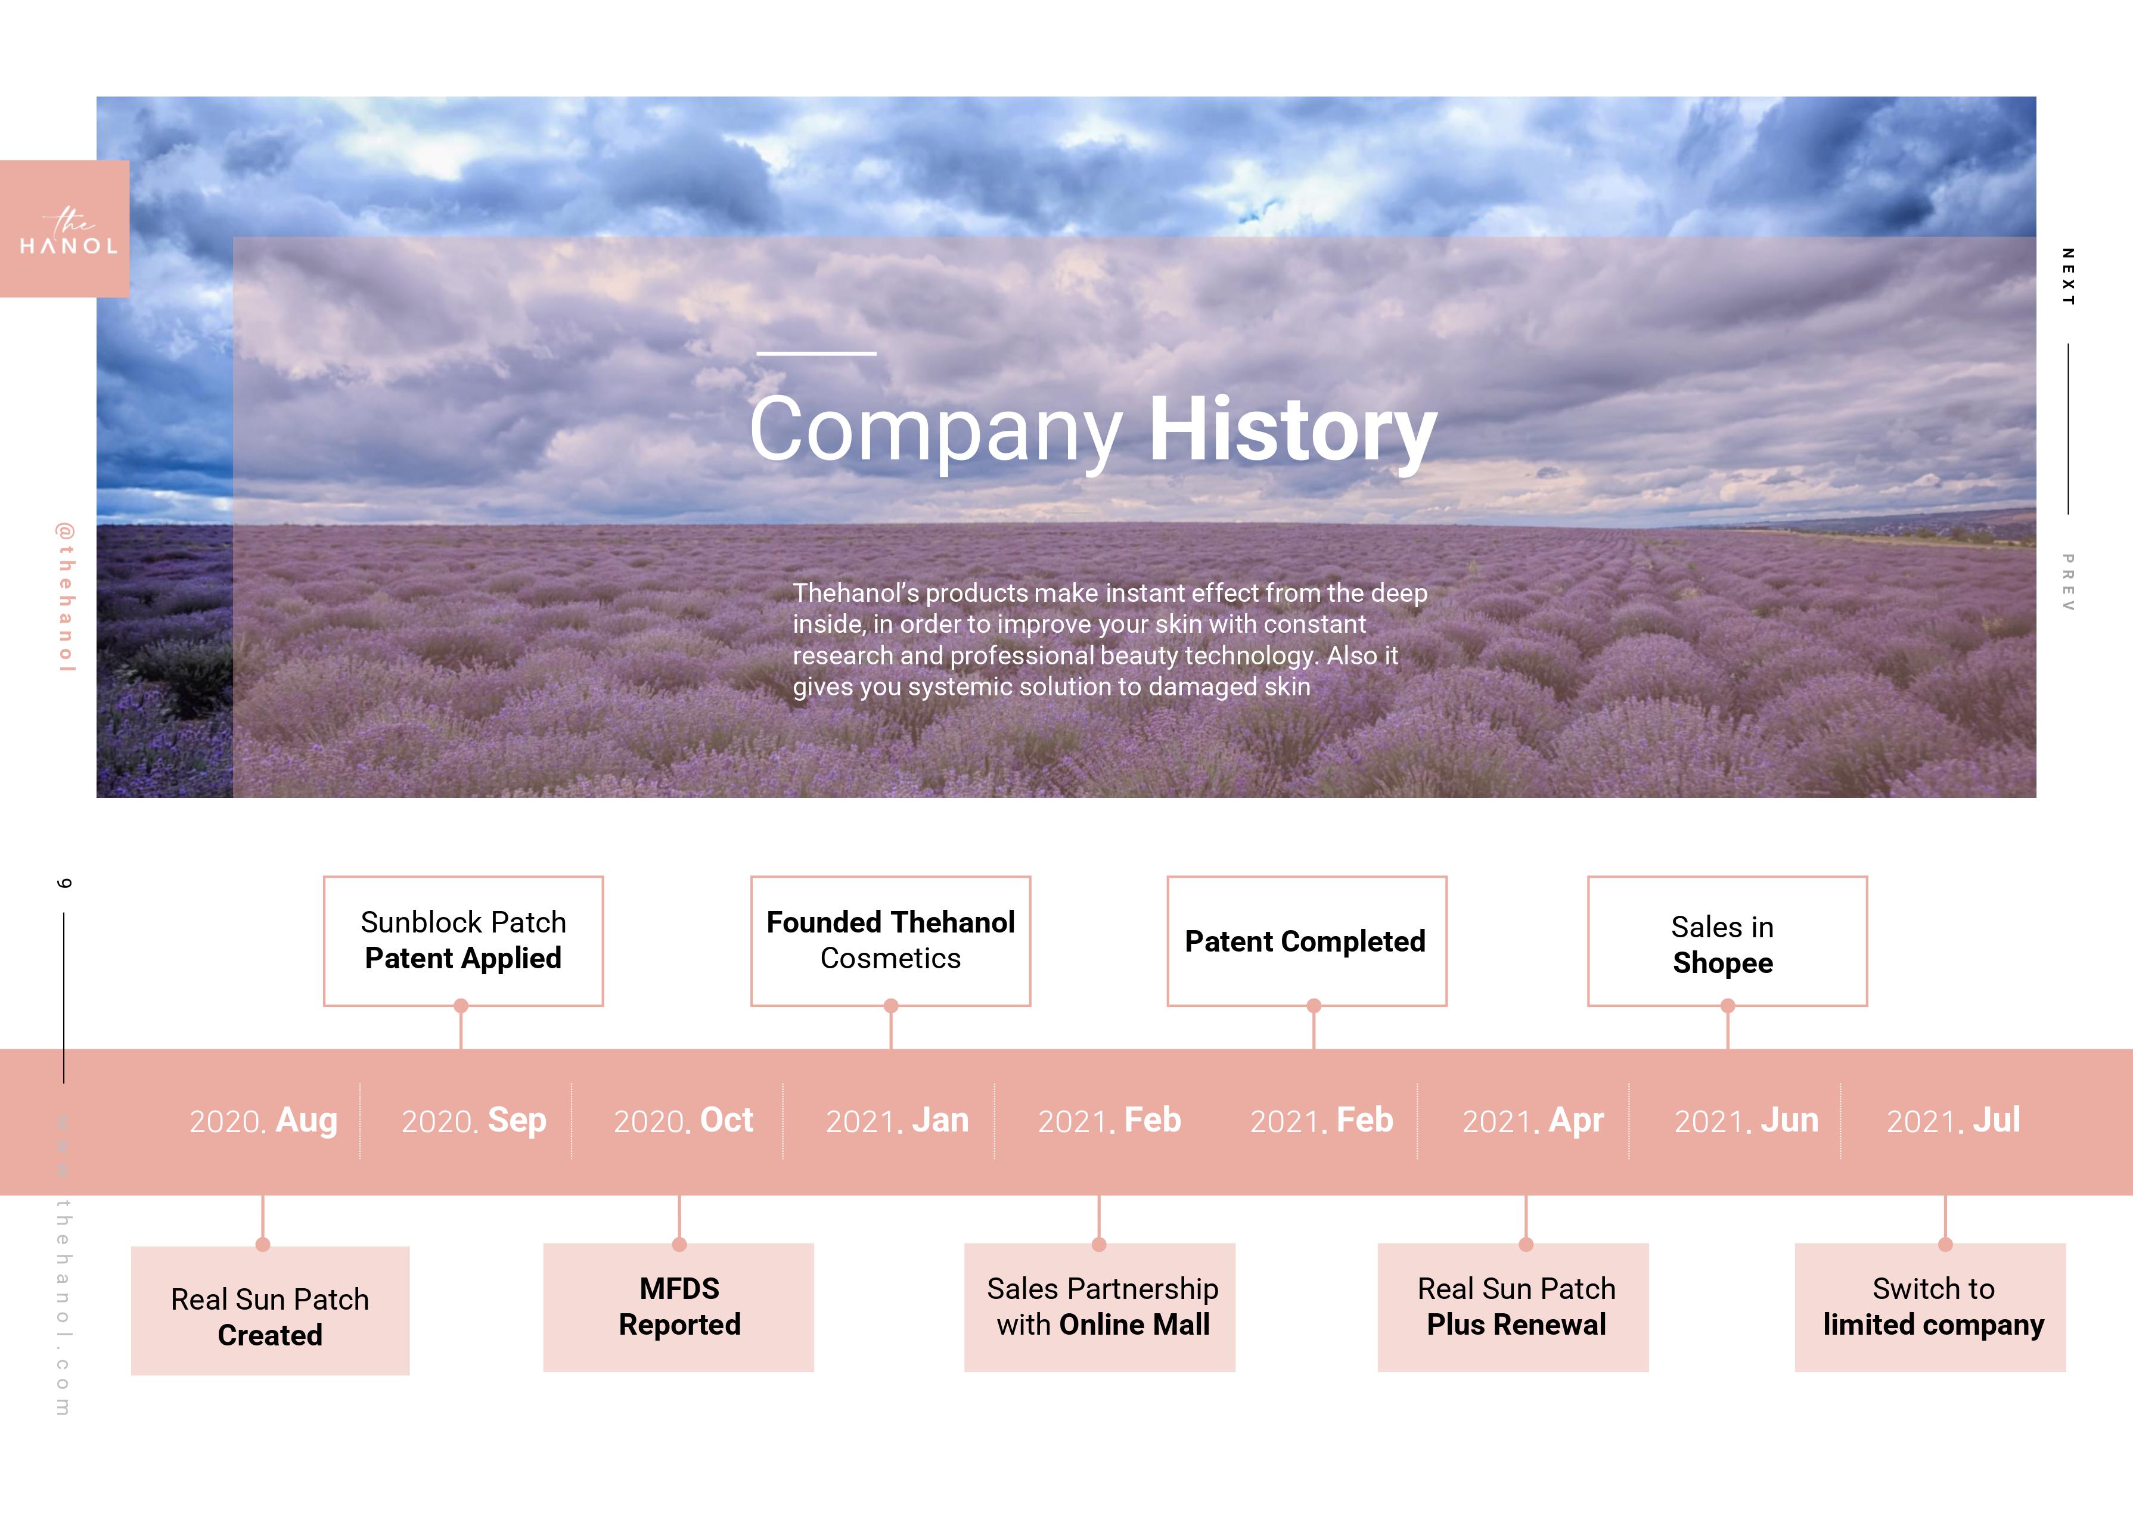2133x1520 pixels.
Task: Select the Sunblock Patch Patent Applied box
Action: coord(463,941)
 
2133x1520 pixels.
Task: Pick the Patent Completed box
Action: coord(1306,941)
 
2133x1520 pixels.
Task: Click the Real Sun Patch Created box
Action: coord(271,1310)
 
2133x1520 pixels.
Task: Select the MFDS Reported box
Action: coord(679,1307)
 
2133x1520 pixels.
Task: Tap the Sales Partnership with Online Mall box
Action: coord(1100,1307)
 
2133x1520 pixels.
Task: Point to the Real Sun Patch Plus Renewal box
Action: coord(1513,1307)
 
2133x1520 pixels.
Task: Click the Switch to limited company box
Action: coord(1930,1307)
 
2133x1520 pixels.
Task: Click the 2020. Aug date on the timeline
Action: coord(263,1120)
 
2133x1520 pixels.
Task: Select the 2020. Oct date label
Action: coord(683,1120)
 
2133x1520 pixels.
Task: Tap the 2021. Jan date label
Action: coord(896,1120)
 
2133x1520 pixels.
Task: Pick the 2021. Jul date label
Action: coord(1953,1120)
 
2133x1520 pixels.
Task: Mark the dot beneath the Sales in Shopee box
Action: coord(1728,1006)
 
